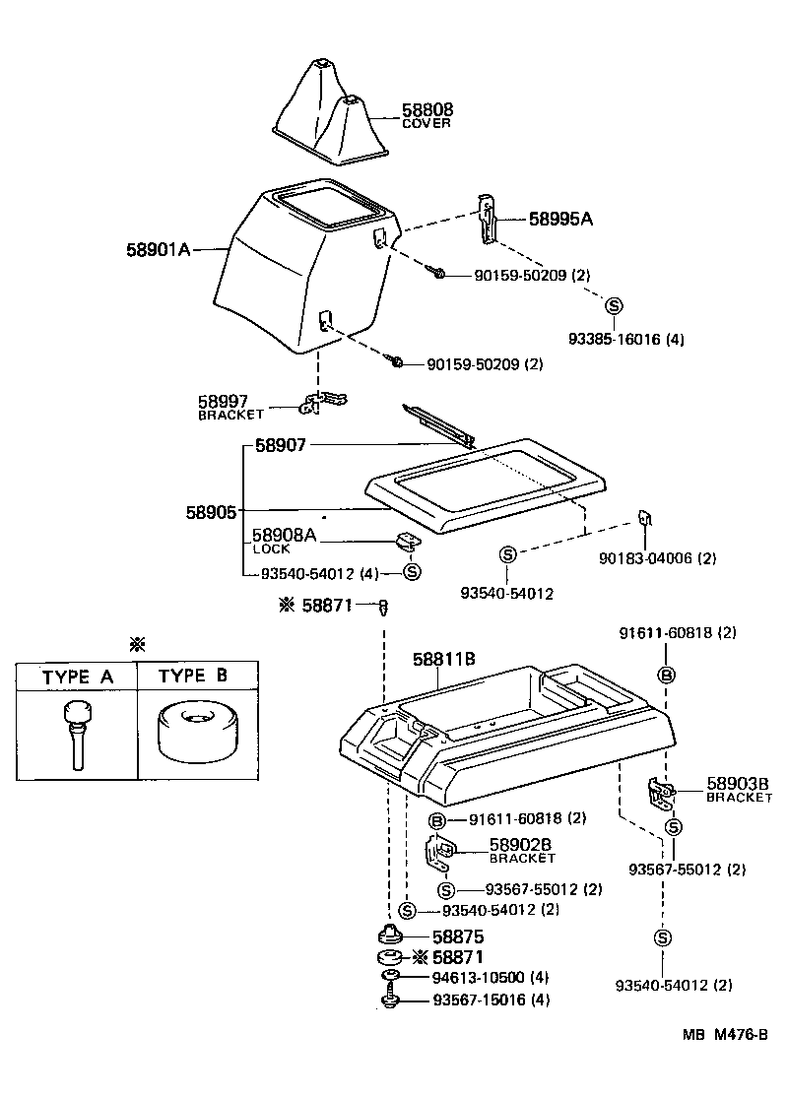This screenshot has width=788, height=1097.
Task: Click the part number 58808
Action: point(427,110)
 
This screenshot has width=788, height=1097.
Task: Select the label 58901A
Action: point(158,250)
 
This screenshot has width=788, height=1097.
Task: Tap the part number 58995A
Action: point(560,220)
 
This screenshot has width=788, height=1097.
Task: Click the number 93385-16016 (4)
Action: point(625,340)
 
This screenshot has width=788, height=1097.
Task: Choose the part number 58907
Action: point(281,446)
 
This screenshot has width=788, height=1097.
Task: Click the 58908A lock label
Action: point(285,535)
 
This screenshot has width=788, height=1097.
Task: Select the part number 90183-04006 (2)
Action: point(657,558)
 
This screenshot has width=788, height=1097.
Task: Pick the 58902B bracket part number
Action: point(521,845)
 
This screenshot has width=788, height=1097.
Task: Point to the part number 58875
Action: point(459,936)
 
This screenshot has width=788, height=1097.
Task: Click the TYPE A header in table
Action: point(77,677)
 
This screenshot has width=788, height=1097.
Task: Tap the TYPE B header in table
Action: point(193,677)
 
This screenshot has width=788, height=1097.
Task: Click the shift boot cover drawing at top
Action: point(328,109)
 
